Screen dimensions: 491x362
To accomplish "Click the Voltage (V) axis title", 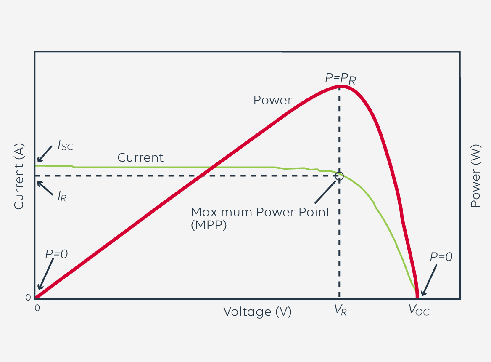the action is [x=257, y=312].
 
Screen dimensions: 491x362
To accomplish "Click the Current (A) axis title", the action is [x=19, y=176].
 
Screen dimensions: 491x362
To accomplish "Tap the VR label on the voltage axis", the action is [x=341, y=311].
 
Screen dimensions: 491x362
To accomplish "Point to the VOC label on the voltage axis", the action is [x=419, y=311].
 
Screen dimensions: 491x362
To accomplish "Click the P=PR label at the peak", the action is [x=341, y=78].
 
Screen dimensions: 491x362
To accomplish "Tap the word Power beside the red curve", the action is [x=272, y=100].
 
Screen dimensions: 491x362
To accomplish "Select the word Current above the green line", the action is [x=140, y=157].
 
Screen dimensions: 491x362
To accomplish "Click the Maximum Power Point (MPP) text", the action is [x=261, y=218].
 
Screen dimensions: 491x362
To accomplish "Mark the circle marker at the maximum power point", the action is [x=339, y=176].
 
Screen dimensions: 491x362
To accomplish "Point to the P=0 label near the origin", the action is [x=56, y=254].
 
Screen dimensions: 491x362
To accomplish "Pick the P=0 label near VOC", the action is [x=441, y=257].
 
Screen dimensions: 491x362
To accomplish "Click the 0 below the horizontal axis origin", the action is [x=37, y=308].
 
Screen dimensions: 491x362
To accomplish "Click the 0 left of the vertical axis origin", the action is [x=28, y=298].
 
